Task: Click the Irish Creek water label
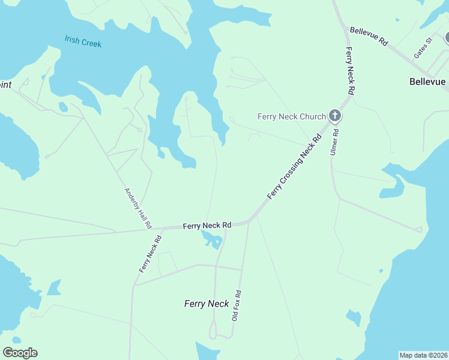(x=83, y=41)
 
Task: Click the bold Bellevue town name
(x=427, y=82)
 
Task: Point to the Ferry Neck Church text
(x=291, y=116)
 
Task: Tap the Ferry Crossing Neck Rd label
(x=295, y=167)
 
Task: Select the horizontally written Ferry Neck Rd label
(x=207, y=226)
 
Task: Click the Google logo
(x=20, y=353)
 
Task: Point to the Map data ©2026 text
(x=424, y=355)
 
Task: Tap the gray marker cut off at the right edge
(x=447, y=38)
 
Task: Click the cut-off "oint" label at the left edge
(x=5, y=85)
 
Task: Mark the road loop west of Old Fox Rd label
(x=212, y=329)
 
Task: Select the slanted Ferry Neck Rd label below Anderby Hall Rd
(x=150, y=254)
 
